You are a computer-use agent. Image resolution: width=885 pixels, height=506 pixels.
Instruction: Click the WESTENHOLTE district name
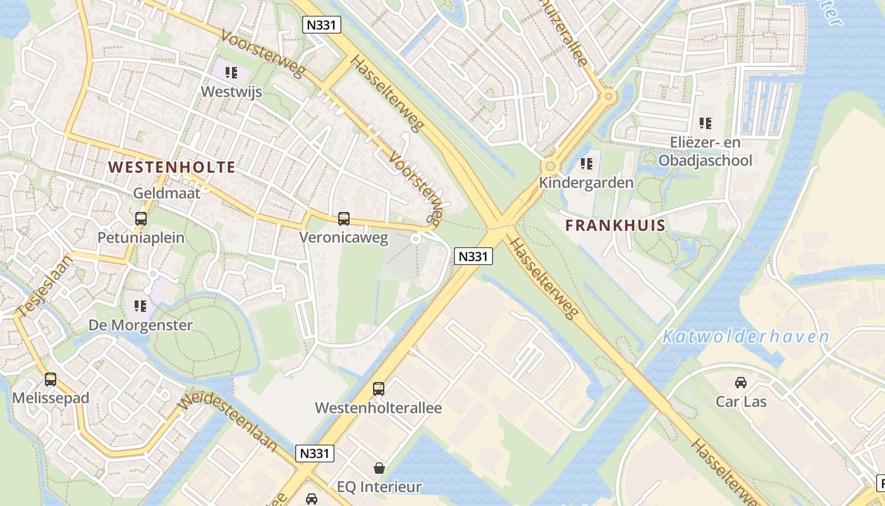pos(172,168)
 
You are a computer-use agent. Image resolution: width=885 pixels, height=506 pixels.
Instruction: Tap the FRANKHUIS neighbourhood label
pos(615,225)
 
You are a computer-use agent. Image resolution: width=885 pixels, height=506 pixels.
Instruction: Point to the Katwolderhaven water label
pos(745,336)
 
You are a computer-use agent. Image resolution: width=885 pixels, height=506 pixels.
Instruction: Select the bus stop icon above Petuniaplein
pos(141,219)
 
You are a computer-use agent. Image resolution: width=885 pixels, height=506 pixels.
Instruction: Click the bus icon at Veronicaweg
pos(344,219)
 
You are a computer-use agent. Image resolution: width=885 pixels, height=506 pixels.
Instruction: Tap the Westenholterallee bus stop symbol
pos(379,389)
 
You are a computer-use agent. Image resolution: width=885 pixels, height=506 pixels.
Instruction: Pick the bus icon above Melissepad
pos(51,379)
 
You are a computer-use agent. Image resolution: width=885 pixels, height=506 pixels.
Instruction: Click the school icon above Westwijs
pos(231,73)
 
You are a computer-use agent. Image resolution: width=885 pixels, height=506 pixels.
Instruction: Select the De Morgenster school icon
pos(140,306)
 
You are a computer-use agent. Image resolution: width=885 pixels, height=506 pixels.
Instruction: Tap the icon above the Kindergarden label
pos(587,164)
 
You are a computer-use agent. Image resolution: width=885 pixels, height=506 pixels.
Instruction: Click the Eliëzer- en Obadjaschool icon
pos(705,123)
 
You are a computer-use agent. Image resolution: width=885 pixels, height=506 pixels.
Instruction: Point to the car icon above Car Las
pos(740,382)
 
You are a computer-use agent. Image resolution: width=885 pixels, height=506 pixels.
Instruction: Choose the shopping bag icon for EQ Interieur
pos(379,468)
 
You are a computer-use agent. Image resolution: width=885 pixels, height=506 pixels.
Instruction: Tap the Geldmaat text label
pos(167,193)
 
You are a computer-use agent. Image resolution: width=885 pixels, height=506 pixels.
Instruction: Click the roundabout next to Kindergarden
pos(550,166)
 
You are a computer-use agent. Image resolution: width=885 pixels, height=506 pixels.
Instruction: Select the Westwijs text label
pos(231,92)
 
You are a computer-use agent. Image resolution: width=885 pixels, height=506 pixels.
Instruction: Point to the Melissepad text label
pos(51,398)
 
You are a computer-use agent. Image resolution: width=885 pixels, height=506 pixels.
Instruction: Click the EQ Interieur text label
pos(379,487)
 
